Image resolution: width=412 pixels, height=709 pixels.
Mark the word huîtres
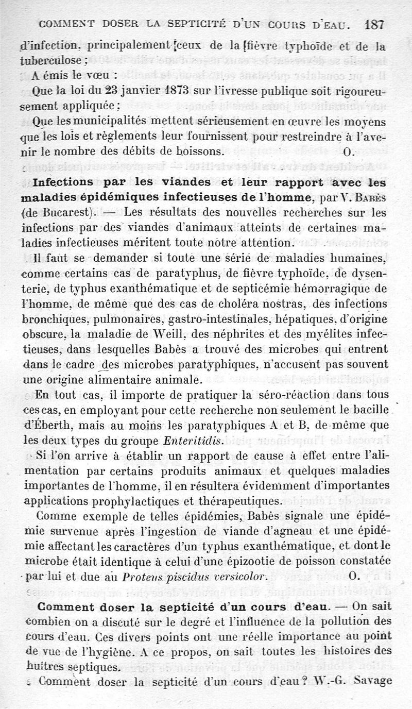click(41, 666)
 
